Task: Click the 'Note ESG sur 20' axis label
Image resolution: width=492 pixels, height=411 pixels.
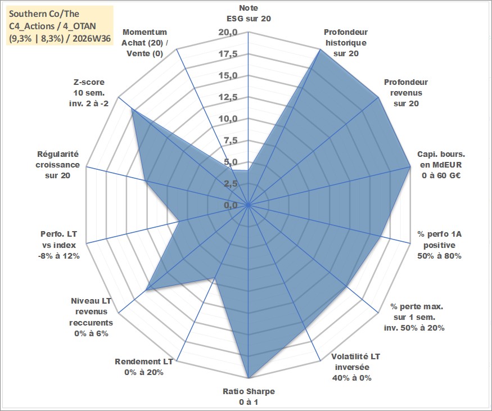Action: (249, 13)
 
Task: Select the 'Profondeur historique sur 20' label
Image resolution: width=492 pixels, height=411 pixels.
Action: (346, 43)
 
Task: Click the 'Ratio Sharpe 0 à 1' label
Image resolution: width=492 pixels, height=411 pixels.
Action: (249, 396)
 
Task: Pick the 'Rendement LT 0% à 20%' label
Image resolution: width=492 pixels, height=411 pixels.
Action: (144, 367)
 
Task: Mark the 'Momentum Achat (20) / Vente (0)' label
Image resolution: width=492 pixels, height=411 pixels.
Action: (145, 43)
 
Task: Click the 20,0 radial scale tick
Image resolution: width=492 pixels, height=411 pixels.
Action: (228, 32)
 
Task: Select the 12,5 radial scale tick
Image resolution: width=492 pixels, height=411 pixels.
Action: (228, 97)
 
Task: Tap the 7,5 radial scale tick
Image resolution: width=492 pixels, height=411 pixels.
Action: (231, 141)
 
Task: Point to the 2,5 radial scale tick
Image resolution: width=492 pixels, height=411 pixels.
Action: (231, 184)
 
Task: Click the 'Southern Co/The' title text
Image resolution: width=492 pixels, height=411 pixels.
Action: (44, 14)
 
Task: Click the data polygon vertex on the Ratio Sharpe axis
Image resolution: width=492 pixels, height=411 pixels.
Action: (249, 377)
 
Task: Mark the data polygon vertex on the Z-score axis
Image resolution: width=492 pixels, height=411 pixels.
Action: (132, 110)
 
